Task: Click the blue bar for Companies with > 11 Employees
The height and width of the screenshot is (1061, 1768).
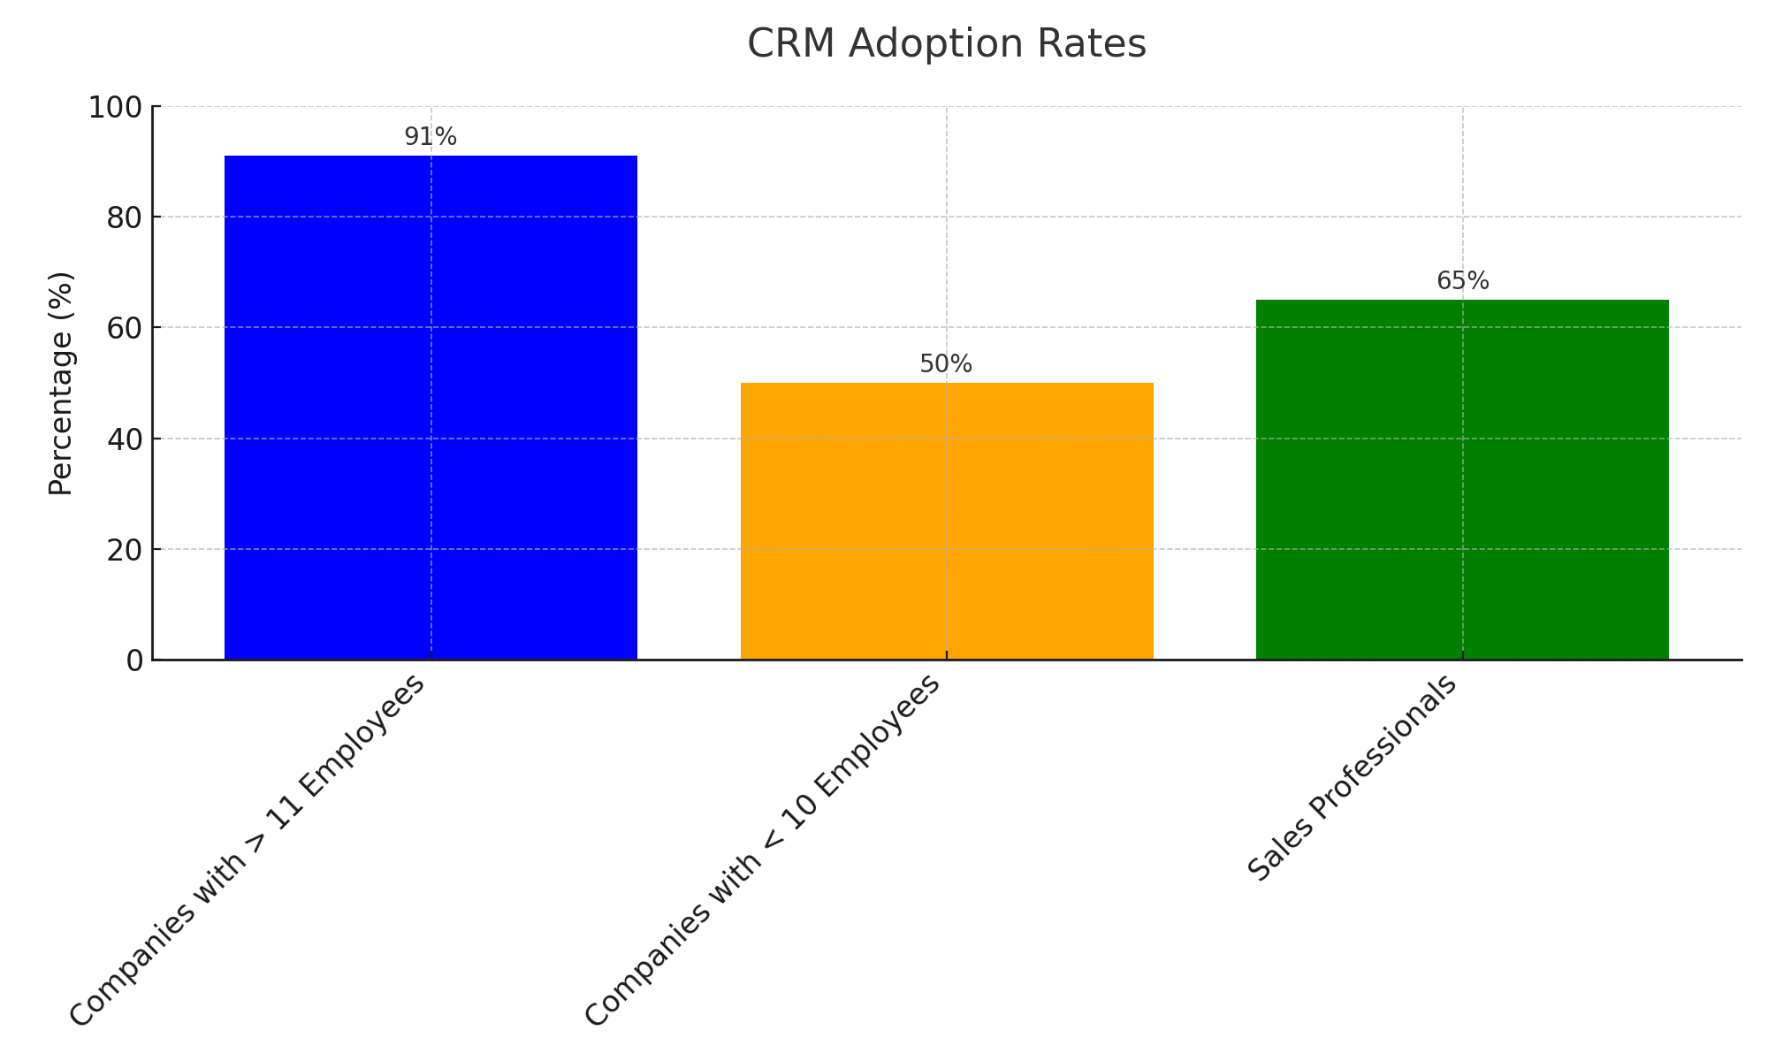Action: pos(431,407)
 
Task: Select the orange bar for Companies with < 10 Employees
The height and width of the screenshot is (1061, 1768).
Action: pos(947,522)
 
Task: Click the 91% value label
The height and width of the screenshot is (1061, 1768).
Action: pos(431,137)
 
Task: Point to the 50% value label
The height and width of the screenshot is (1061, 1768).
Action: pos(946,364)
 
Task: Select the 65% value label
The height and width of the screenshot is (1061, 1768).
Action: pos(1462,281)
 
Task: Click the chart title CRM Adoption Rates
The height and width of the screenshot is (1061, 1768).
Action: pos(947,44)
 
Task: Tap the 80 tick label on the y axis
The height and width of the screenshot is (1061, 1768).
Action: pos(125,218)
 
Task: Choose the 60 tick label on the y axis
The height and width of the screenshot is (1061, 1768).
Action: pos(125,328)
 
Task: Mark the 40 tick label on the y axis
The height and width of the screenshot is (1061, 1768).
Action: pos(125,439)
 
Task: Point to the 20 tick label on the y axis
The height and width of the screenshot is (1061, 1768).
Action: pos(125,550)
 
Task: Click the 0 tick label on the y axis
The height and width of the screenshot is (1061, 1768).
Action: pos(134,661)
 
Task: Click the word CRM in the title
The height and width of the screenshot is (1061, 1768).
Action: pos(791,44)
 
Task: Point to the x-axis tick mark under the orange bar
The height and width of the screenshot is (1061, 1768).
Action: pos(947,655)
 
